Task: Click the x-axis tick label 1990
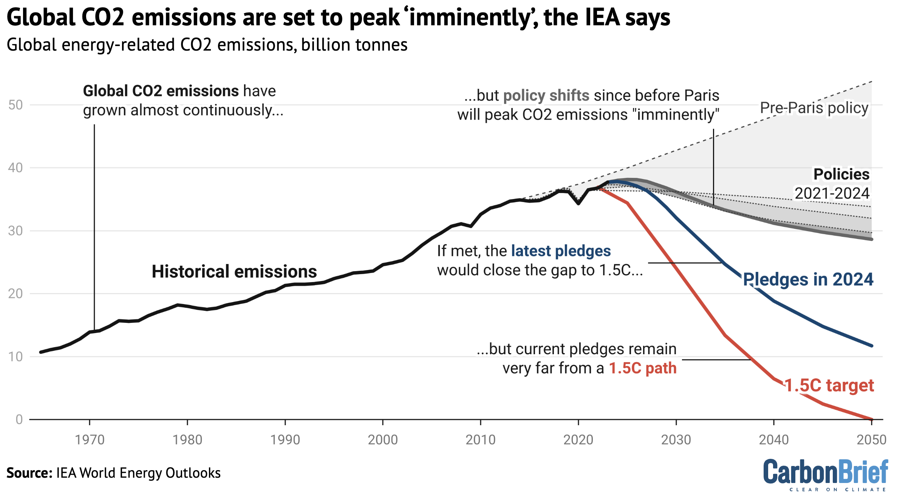point(285,440)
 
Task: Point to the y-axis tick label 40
point(15,168)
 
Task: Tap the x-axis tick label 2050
point(871,440)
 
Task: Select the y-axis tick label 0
point(19,420)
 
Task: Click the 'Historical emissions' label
point(234,272)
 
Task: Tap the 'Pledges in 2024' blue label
point(808,279)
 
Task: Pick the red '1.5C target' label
point(829,386)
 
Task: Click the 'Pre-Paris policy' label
point(814,108)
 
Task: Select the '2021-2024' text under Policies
point(832,193)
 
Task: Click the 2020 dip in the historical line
point(578,203)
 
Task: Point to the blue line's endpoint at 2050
point(871,346)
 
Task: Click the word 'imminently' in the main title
point(469,17)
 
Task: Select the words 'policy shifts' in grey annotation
point(546,96)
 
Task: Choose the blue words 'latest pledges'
point(561,251)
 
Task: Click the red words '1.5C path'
point(642,368)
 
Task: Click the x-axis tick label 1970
point(90,440)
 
